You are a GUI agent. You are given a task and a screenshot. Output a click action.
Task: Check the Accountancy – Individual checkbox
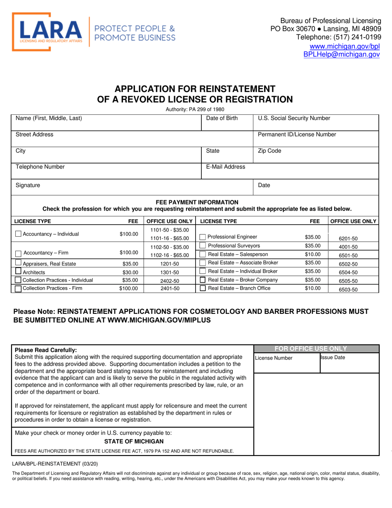[x=18, y=234]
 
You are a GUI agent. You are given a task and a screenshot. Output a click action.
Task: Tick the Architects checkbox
[x=18, y=271]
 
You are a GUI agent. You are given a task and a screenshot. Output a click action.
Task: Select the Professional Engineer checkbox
[x=202, y=237]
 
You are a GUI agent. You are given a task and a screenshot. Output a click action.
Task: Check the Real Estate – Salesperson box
[x=202, y=254]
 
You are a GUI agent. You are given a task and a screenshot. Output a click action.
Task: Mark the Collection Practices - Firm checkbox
[x=18, y=289]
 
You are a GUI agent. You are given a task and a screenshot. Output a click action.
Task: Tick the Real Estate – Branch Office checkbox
[x=202, y=288]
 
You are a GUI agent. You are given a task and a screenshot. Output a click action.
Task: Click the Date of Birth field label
[x=222, y=119]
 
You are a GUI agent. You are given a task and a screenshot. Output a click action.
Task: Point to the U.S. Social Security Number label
[x=294, y=119]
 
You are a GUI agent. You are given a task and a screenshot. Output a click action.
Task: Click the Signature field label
[x=28, y=185]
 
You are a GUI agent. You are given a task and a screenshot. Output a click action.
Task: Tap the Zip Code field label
[x=269, y=151]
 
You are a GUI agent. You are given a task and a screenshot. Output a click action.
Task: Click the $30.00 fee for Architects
[x=130, y=272]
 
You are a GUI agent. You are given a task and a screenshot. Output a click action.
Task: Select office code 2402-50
[x=169, y=281]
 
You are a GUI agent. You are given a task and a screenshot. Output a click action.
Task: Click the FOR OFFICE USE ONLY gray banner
[x=316, y=348]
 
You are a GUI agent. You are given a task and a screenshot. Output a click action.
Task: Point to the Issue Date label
[x=333, y=358]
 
